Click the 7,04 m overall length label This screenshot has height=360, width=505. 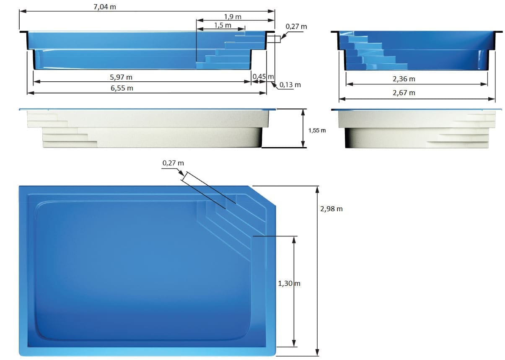pos(105,7)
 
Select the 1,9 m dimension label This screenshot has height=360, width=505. pos(233,17)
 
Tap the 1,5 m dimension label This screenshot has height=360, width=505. pos(223,25)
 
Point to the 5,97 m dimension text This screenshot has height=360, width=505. pos(121,77)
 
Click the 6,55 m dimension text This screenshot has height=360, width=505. pos(122,88)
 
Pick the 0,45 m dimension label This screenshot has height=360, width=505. pos(263,77)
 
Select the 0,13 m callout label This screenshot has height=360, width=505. pos(290,85)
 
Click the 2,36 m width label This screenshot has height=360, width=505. pos(404,79)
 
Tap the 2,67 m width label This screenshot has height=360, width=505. pos(404,93)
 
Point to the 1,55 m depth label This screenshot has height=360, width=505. pos(317,130)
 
